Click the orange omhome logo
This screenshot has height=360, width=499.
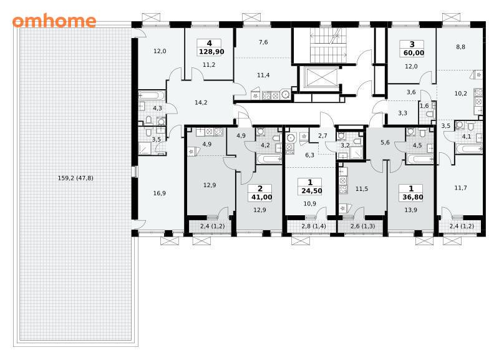click(54, 21)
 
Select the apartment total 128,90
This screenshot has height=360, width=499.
click(211, 52)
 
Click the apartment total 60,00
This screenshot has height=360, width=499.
click(414, 53)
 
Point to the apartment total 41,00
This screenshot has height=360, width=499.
click(261, 197)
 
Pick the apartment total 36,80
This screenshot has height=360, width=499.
click(413, 197)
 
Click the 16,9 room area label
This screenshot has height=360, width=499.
click(159, 193)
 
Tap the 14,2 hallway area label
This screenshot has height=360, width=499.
click(201, 102)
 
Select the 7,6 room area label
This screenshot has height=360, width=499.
click(263, 42)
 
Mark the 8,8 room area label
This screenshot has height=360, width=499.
click(460, 47)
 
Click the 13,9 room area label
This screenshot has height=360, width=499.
click(410, 210)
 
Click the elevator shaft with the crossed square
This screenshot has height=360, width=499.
click(319, 78)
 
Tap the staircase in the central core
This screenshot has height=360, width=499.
click(329, 45)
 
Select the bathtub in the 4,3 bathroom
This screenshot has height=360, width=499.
click(152, 95)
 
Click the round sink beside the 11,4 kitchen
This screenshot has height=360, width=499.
click(286, 95)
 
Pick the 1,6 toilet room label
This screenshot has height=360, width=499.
click(424, 105)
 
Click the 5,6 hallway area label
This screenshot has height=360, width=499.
click(385, 143)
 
